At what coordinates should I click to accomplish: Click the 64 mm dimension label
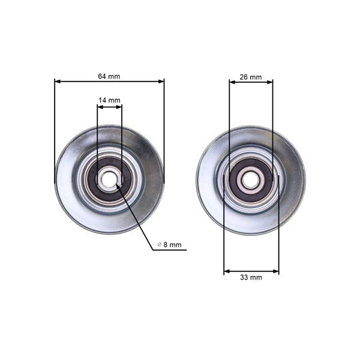click(x=109, y=76)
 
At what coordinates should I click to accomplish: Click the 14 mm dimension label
click(x=110, y=100)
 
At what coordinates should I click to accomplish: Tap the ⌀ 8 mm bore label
click(x=169, y=244)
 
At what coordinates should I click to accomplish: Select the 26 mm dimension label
click(x=251, y=77)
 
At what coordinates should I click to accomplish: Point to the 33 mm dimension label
click(x=251, y=277)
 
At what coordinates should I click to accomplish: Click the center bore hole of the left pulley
click(x=109, y=178)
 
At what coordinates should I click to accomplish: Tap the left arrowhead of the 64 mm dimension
click(x=57, y=82)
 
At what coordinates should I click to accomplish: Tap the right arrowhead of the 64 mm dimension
click(x=161, y=82)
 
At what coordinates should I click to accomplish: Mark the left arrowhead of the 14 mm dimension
click(x=100, y=107)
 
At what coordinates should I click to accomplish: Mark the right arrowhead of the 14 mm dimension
click(x=119, y=107)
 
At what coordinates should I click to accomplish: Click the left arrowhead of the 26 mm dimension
click(x=231, y=83)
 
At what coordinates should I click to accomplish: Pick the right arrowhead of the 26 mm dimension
click(x=271, y=83)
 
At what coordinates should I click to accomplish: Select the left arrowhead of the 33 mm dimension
click(x=226, y=271)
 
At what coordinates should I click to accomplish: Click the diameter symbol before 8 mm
click(x=160, y=244)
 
